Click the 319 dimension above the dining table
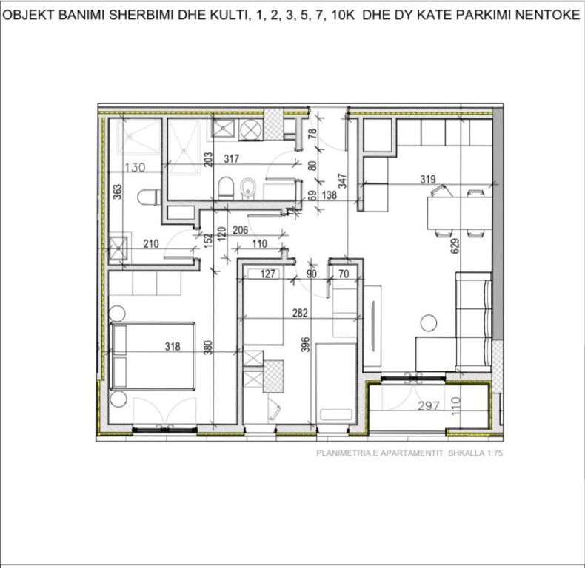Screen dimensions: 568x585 (x=427, y=178)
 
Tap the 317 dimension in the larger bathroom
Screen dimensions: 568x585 (x=231, y=158)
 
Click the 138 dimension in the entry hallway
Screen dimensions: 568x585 (x=330, y=197)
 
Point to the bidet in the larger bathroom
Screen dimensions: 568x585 (x=249, y=187)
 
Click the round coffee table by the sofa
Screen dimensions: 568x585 (x=428, y=322)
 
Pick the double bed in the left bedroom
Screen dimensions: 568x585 (x=153, y=355)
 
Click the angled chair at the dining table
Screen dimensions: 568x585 (x=436, y=193)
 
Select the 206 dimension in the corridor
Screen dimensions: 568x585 (x=240, y=230)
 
